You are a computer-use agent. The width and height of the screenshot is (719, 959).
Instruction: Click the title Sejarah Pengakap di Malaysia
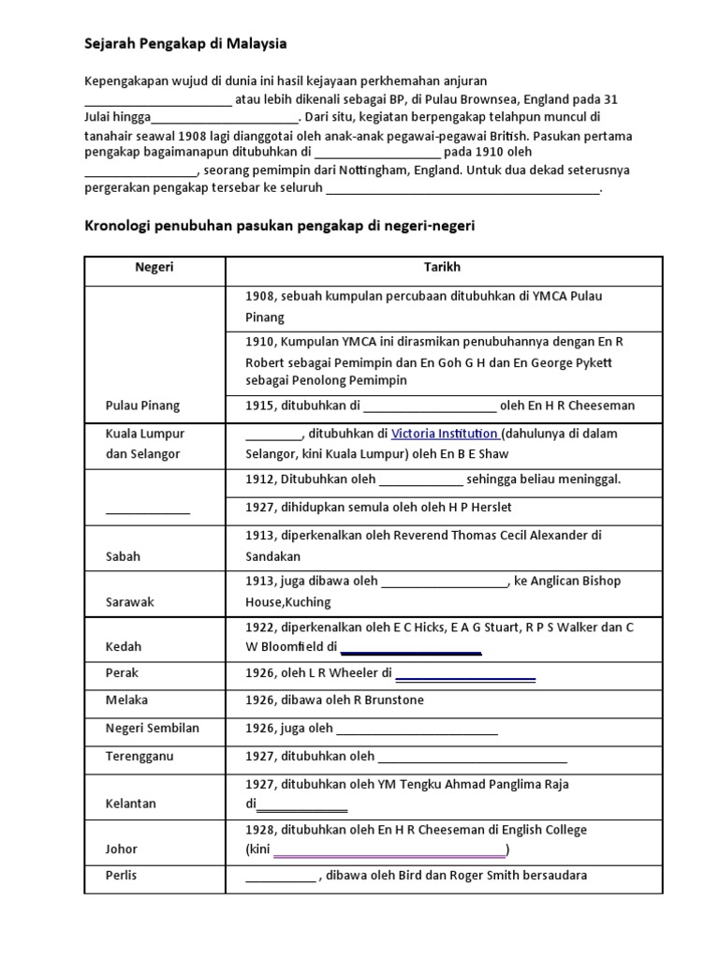186,43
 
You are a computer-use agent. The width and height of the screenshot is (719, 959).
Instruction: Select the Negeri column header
154,268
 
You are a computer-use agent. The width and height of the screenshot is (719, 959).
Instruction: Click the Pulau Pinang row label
144,406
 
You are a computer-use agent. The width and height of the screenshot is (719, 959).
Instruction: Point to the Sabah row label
125,555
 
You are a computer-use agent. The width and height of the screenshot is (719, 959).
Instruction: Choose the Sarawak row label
130,602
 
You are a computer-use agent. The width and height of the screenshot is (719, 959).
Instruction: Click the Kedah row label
125,647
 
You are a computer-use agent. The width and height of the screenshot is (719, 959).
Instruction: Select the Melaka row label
128,700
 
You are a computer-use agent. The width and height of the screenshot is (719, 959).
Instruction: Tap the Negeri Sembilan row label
154,728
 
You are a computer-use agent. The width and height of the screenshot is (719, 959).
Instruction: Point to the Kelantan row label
132,803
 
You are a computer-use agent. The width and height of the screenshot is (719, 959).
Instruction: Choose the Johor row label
123,848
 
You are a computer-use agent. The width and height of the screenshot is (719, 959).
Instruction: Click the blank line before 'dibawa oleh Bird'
281,878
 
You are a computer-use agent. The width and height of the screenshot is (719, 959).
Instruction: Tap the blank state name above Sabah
147,511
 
